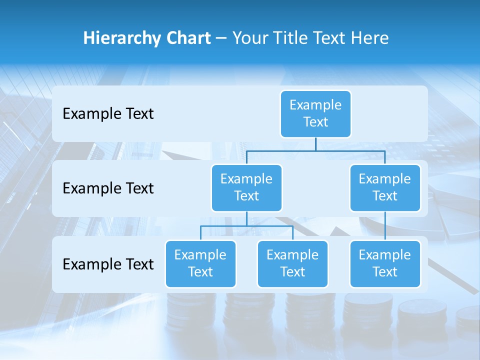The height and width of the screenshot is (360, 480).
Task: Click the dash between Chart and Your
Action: pyautogui.click(x=221, y=38)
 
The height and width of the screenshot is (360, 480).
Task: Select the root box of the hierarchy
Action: pyautogui.click(x=315, y=113)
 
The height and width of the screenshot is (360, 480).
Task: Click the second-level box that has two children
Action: pyautogui.click(x=246, y=187)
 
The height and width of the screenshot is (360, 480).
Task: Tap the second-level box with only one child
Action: pyautogui.click(x=385, y=187)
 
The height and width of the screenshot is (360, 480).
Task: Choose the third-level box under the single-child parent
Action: pyautogui.click(x=385, y=263)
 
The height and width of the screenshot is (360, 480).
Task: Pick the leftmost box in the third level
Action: pyautogui.click(x=200, y=263)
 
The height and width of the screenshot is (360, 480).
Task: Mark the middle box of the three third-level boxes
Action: pyautogui.click(x=292, y=263)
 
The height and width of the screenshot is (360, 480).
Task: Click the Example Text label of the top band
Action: pyautogui.click(x=108, y=114)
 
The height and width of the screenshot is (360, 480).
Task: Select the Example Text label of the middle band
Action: pyautogui.click(x=108, y=188)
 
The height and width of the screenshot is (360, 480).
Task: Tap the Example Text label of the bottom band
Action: pyautogui.click(x=108, y=264)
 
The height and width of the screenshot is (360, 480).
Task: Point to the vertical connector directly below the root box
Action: pyautogui.click(x=315, y=144)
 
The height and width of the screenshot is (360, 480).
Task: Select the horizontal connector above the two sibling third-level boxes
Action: pyautogui.click(x=246, y=226)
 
